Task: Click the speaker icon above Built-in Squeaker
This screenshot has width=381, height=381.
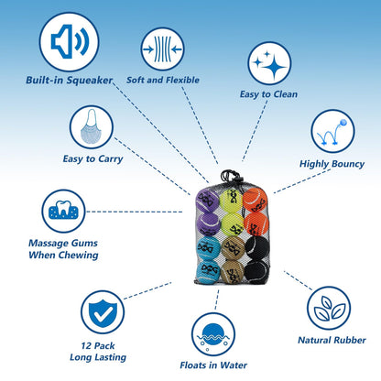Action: (69, 42)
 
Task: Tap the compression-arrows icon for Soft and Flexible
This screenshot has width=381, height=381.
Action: (162, 49)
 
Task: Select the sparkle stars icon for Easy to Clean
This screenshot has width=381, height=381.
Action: (269, 63)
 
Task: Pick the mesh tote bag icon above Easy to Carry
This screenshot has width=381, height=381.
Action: (92, 127)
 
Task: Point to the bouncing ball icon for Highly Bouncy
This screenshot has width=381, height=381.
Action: (332, 131)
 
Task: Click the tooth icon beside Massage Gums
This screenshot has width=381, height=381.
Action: (63, 212)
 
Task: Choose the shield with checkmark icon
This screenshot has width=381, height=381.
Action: (103, 312)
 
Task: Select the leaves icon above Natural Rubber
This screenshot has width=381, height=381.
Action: (329, 308)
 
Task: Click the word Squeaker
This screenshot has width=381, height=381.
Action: (90, 81)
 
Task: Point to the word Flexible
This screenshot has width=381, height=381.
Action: (182, 80)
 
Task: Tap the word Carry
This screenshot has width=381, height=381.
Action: (111, 159)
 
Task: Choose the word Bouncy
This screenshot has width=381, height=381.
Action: (348, 164)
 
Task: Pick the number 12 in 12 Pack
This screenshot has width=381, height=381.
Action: (86, 346)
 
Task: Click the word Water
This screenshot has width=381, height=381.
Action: (234, 365)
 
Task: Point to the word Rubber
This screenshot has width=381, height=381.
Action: (349, 340)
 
